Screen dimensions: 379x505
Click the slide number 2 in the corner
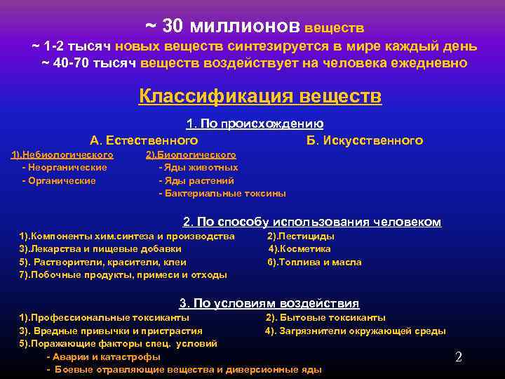(x=459, y=357)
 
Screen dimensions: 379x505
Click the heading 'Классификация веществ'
(x=260, y=96)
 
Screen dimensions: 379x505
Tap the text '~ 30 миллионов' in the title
(x=223, y=26)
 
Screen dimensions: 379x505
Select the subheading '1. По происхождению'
(x=255, y=124)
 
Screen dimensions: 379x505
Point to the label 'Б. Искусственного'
(x=365, y=140)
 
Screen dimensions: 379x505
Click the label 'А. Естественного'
(x=144, y=140)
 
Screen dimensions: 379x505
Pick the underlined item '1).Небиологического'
(x=62, y=154)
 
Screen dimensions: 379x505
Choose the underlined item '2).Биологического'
(x=191, y=154)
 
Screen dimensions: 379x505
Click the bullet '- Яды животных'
(x=198, y=168)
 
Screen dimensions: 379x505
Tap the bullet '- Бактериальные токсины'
(x=222, y=193)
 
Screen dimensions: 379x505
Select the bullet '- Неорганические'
(x=65, y=168)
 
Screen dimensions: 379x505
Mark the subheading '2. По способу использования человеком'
(x=312, y=222)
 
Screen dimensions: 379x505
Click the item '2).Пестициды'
(x=301, y=237)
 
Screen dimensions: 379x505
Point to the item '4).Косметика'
(x=300, y=249)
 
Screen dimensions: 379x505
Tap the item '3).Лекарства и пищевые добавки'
(x=100, y=249)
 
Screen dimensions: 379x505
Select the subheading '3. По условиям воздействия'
(x=269, y=304)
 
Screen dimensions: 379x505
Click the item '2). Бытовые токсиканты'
(x=325, y=318)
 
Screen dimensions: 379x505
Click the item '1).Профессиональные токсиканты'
(x=104, y=318)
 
